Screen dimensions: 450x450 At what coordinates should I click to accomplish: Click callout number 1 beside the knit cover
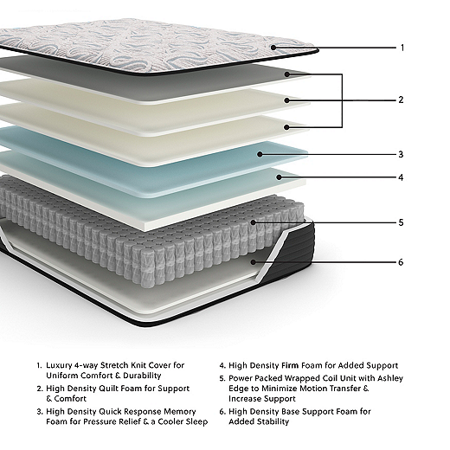[x=402, y=48]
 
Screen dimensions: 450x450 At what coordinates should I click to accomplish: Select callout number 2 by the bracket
[x=401, y=100]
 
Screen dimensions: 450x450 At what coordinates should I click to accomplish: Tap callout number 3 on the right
[x=401, y=154]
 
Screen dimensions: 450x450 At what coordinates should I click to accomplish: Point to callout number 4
[x=401, y=177]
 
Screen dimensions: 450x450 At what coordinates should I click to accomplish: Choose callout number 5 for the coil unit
[x=401, y=222]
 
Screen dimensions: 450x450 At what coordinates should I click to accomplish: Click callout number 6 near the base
[x=401, y=262]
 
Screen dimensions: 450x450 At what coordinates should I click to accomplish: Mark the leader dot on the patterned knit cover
[x=273, y=48]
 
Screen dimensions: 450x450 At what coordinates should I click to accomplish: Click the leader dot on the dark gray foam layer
[x=286, y=74]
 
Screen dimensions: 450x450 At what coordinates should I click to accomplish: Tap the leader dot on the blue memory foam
[x=260, y=154]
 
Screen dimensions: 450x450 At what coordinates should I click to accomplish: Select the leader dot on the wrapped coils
[x=254, y=222]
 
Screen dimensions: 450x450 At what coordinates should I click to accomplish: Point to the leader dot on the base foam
[x=254, y=262]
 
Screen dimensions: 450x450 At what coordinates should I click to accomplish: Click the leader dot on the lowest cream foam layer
[x=286, y=127]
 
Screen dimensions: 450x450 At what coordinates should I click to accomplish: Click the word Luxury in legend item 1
[x=59, y=365]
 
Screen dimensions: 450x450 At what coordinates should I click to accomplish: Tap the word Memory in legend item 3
[x=180, y=411]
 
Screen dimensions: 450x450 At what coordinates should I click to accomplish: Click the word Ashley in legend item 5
[x=390, y=378]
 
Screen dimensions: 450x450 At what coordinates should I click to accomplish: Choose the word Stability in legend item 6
[x=273, y=421]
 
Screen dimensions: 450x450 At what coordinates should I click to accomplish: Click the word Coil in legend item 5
[x=330, y=378]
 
